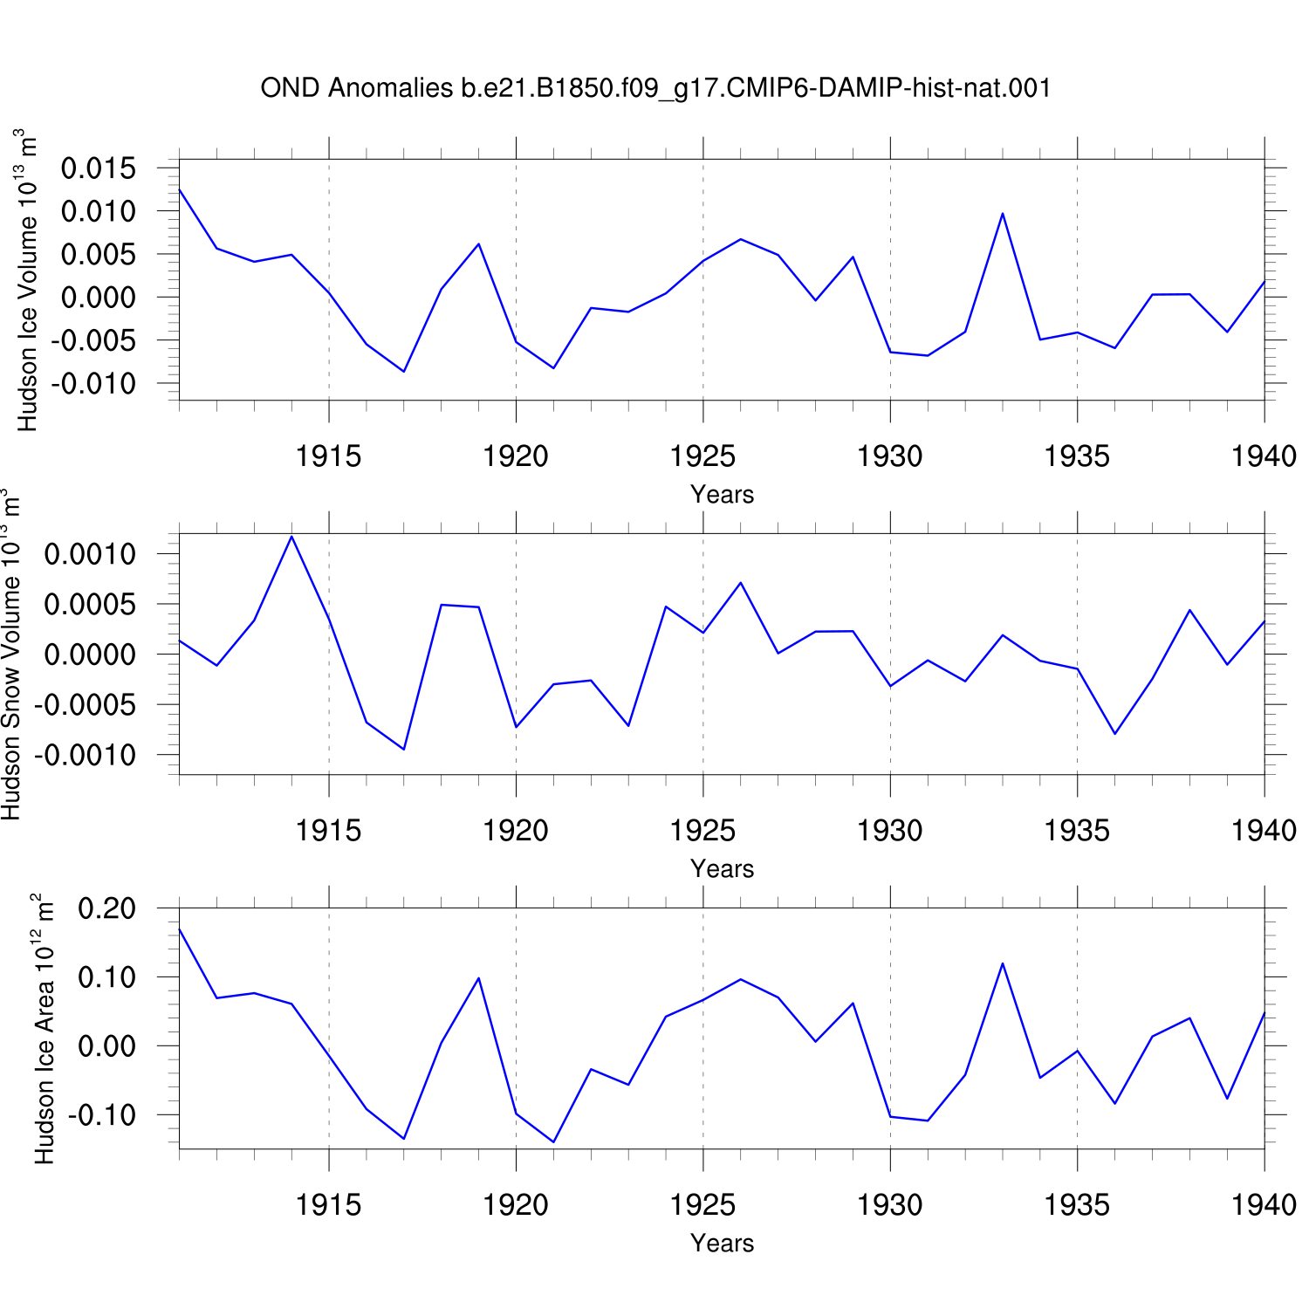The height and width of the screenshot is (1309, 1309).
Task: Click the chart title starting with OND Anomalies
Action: click(655, 88)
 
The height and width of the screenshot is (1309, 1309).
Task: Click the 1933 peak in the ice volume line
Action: click(1003, 213)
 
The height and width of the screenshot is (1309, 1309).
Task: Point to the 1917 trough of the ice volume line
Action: click(404, 372)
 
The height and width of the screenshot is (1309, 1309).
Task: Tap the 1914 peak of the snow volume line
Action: click(291, 536)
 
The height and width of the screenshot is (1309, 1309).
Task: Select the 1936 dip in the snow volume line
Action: click(1115, 734)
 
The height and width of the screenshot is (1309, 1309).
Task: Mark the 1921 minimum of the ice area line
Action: click(553, 1141)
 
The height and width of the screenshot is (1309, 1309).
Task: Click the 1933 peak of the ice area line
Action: click(1003, 963)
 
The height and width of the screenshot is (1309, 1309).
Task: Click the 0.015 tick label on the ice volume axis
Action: click(99, 168)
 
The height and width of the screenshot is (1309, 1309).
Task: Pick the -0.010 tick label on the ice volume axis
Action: click(93, 383)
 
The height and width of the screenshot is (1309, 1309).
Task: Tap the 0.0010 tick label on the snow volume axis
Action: click(91, 553)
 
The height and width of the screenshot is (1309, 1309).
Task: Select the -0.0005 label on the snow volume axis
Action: click(86, 704)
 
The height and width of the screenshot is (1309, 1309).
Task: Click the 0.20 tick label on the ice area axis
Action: click(107, 908)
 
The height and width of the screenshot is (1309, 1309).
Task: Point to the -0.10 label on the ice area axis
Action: click(102, 1114)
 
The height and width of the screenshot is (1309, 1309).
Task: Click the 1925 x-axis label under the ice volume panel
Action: click(702, 456)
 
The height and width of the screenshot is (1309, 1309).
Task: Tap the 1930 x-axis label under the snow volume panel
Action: click(890, 830)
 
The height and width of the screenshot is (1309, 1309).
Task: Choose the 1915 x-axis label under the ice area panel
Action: click(329, 1204)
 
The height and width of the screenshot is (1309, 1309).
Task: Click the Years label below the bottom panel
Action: click(722, 1243)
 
